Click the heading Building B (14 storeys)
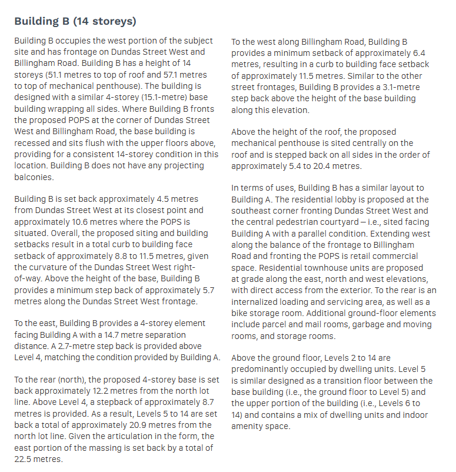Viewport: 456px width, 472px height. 75,22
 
